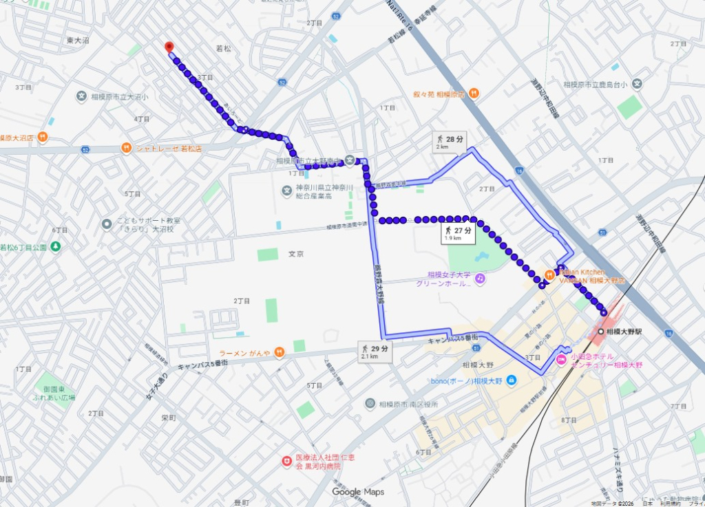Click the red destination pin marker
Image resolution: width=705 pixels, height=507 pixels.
(x=169, y=47)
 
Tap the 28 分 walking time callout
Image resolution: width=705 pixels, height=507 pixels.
(x=450, y=142)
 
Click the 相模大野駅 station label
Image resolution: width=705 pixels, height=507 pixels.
(x=624, y=332)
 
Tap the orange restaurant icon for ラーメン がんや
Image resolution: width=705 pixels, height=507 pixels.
(x=279, y=353)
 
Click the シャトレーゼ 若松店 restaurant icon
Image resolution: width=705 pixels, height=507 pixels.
(x=126, y=148)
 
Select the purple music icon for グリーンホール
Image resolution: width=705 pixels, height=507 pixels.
(x=480, y=278)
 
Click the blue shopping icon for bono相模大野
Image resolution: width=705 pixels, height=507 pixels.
(x=511, y=380)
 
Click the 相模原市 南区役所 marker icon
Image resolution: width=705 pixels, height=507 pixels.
(x=370, y=404)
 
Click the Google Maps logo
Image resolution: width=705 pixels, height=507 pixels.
(x=357, y=492)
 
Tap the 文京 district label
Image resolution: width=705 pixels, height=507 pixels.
(x=296, y=255)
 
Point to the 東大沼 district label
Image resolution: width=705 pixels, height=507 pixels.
(x=78, y=41)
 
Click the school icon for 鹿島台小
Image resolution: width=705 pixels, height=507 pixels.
(x=638, y=85)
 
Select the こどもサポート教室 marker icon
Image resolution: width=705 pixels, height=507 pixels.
(x=107, y=224)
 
